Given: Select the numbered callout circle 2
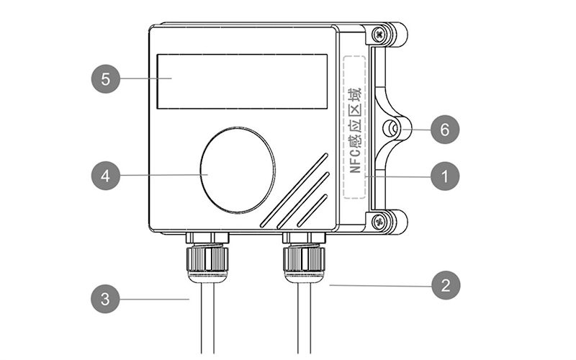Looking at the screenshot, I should coord(445,285).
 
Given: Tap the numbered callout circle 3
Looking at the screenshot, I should coord(106,299).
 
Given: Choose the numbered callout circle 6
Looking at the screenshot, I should coord(445,130).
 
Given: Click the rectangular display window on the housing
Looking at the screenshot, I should coord(242,81).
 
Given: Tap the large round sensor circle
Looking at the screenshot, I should coord(237,170).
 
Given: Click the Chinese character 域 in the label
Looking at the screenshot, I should coord(354,95).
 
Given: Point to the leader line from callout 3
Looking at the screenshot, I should coord(155,299).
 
